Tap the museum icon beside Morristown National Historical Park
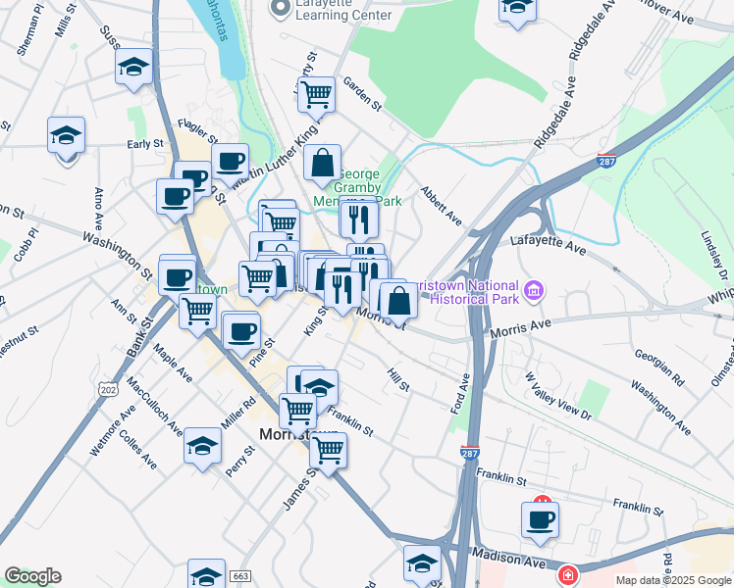[535, 290]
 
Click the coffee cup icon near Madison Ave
[540, 519]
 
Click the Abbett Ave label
[441, 205]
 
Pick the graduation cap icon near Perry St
[203, 447]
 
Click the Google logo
[32, 576]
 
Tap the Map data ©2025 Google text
[674, 580]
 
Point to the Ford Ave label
[459, 391]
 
